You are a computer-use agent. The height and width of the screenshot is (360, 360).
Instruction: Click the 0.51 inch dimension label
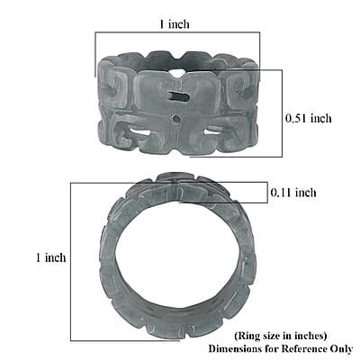pos(309,118)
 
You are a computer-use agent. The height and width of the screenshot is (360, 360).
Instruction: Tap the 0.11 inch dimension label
pos(293,193)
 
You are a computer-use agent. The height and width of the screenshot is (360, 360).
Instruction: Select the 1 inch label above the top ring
pos(175,23)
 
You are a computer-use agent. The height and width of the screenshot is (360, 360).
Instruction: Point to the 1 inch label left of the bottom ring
pos(50,257)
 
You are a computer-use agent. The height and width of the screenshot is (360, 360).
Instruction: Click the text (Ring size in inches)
pos(281,336)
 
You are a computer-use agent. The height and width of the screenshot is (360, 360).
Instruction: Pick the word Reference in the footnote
pos(303,349)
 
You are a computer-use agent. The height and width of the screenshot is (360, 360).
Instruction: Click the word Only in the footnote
pos(341,349)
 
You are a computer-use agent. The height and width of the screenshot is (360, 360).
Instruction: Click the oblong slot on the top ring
pos(178,96)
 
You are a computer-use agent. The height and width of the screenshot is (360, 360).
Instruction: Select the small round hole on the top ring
pos(176,119)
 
